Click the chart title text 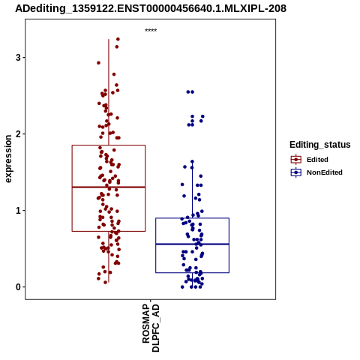coord(151,8)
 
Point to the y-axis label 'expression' coord(8,159)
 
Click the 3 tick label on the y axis coord(18,58)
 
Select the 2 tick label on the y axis coord(18,134)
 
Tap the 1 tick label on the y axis coord(18,211)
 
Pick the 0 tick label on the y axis coord(18,287)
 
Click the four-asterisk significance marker coord(151,30)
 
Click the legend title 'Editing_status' coord(320,145)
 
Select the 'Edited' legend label coord(317,160)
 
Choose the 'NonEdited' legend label coord(325,172)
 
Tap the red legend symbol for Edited coord(296,159)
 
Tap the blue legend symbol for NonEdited coord(296,172)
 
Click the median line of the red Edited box coord(109,187)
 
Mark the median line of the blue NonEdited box coord(192,244)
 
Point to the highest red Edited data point coord(118,39)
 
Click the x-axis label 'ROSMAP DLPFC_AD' coord(151,328)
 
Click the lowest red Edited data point coord(105,282)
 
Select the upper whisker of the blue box coord(192,190)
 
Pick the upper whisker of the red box coord(109,92)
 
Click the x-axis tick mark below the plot coord(151,301)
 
